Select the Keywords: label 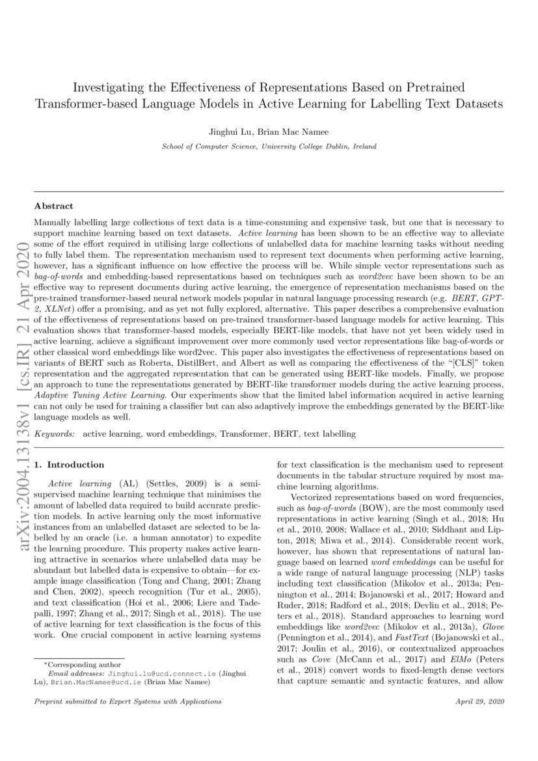click(x=55, y=434)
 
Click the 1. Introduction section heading click(x=69, y=465)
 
